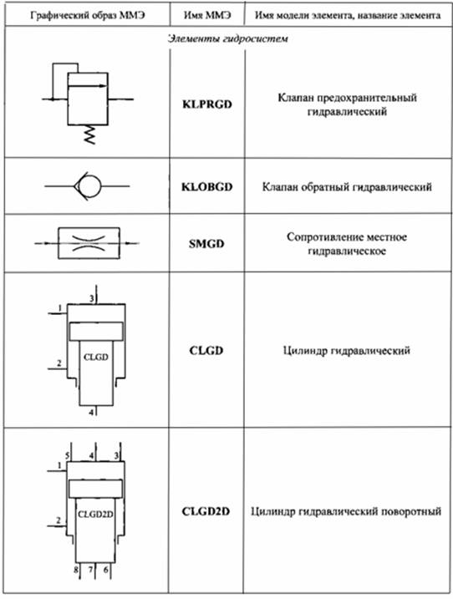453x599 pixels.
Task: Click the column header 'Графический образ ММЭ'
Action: point(88,16)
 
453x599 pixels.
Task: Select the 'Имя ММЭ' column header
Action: point(207,15)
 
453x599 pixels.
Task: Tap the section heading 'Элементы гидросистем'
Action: point(228,38)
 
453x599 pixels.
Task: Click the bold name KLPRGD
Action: point(207,104)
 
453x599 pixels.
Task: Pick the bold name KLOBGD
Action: point(206,187)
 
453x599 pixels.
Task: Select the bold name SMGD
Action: point(206,244)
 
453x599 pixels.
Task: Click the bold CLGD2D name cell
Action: point(206,511)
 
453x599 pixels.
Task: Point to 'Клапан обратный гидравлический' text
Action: point(347,187)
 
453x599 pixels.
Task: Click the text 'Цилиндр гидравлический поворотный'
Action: point(346,511)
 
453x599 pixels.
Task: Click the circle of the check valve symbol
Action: point(90,186)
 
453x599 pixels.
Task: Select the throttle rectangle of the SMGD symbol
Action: point(89,243)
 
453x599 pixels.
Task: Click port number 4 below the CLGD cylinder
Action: point(91,412)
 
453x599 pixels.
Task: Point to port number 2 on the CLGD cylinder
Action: point(59,363)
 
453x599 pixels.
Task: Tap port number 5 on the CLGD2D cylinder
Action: point(67,455)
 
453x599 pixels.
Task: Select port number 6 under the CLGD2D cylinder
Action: point(106,570)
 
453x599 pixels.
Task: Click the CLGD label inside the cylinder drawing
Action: point(95,358)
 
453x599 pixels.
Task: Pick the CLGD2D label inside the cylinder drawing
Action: point(95,514)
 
